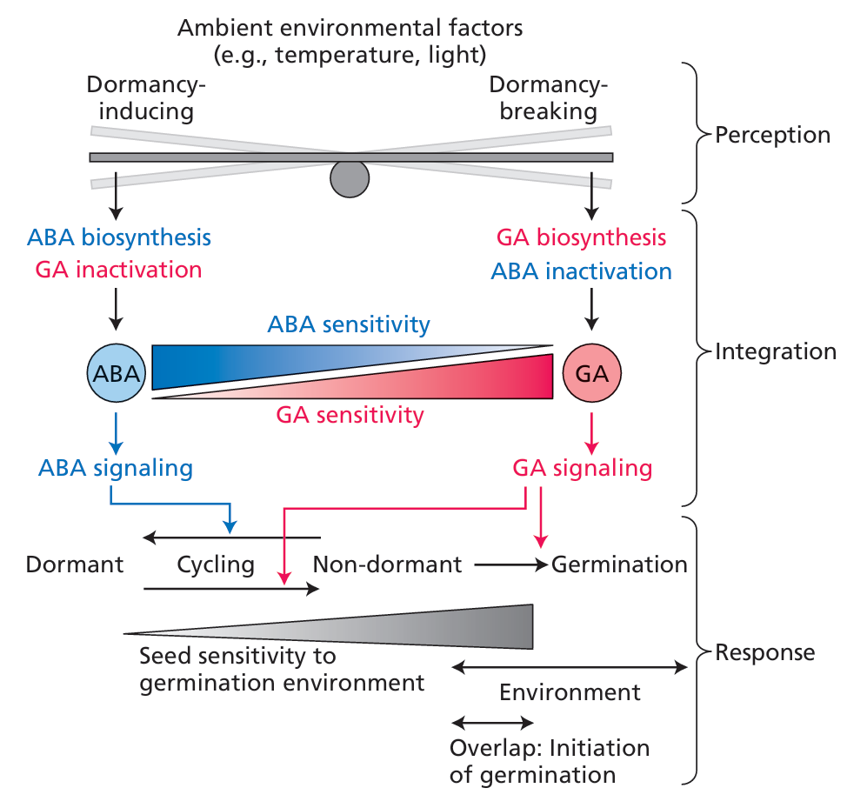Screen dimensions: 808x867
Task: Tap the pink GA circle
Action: click(591, 373)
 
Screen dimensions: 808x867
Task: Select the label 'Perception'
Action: click(772, 135)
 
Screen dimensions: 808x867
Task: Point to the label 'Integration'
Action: click(775, 351)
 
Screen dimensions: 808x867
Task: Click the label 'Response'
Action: click(764, 651)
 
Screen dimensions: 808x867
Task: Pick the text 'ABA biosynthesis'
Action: click(119, 237)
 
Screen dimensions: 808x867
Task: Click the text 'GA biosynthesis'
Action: click(581, 237)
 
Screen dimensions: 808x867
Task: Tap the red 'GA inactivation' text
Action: click(119, 270)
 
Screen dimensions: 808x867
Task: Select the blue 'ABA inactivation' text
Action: click(581, 270)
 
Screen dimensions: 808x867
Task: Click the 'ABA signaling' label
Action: click(116, 468)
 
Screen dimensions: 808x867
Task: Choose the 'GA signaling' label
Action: click(582, 468)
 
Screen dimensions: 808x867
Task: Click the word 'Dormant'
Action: click(75, 564)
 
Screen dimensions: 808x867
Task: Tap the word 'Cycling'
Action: click(216, 564)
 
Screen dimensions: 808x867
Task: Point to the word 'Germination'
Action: click(619, 564)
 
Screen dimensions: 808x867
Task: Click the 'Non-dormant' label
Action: click(387, 564)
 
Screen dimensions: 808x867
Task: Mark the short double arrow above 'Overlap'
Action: click(492, 723)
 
